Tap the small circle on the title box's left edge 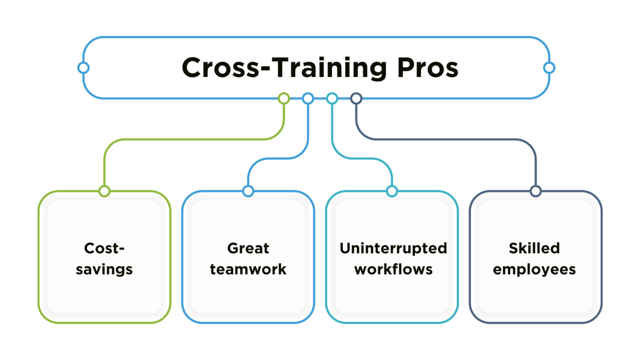[83, 68]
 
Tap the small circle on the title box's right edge [549, 68]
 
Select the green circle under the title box [284, 99]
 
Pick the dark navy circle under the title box [356, 99]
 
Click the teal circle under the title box [332, 99]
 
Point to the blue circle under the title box [308, 99]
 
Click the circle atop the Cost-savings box [104, 191]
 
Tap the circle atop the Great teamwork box [248, 191]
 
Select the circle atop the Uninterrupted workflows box [392, 191]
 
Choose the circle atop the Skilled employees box [536, 191]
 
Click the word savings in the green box [104, 270]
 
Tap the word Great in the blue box [248, 248]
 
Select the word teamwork [248, 269]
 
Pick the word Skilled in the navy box [534, 248]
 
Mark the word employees [534, 270]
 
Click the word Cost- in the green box [104, 248]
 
